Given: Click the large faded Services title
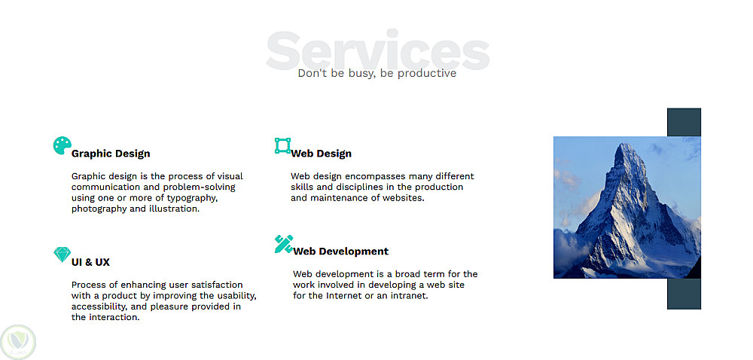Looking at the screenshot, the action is click(377, 50).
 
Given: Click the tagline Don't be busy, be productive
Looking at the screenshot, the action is click(377, 74).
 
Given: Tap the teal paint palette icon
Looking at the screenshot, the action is click(62, 145).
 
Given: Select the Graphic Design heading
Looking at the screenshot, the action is click(111, 154).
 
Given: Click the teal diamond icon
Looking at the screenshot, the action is click(62, 255).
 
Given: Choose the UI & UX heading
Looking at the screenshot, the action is click(91, 262).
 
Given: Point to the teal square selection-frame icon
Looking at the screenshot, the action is click(283, 145).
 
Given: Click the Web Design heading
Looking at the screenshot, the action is click(322, 154).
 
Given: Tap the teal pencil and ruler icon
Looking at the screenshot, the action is click(284, 244).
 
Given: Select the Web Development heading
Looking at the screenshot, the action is click(341, 251).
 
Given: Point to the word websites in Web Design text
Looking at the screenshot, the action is click(404, 198).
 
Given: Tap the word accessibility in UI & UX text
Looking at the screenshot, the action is click(98, 307).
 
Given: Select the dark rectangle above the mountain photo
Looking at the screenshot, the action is click(684, 123).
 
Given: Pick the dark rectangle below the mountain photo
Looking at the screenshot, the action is click(684, 294).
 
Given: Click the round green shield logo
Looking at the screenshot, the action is click(18, 342).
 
